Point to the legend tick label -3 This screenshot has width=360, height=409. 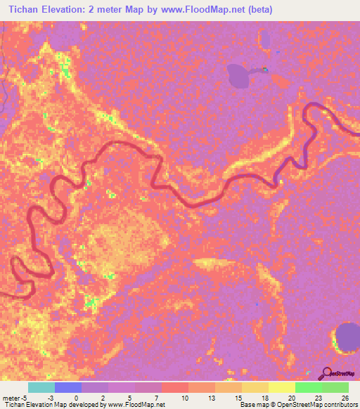pos(50,398)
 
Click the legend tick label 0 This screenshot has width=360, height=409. pos(75,398)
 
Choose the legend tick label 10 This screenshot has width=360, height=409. pos(184,398)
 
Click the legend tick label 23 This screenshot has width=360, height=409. pos(318,398)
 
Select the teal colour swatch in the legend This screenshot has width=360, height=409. pos(41,387)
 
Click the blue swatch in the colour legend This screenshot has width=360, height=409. pos(68,387)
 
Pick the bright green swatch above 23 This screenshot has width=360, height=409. pos(308,387)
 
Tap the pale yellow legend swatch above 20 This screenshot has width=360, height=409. pos(281,387)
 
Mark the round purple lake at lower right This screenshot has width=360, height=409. pos(347,337)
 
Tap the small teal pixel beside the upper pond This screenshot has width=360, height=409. pos(265,70)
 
